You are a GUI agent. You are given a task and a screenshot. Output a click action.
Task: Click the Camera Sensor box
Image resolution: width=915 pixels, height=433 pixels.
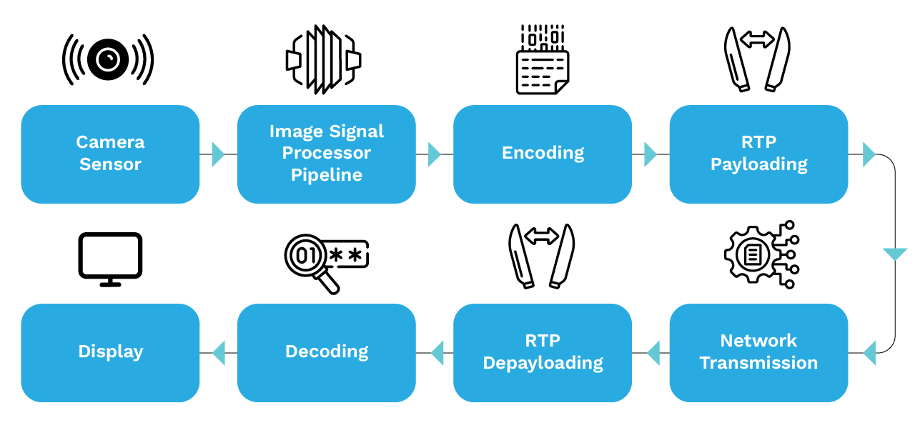[110, 154]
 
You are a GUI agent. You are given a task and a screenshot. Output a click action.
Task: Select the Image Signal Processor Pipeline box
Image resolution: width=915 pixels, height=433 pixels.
[326, 154]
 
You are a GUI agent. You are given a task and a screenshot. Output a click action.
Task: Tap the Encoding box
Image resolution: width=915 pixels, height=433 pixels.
[543, 154]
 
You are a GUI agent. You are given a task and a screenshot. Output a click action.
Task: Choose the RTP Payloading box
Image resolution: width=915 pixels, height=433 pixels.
[758, 154]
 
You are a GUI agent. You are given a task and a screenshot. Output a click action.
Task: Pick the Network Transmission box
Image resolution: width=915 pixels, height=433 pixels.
[758, 352]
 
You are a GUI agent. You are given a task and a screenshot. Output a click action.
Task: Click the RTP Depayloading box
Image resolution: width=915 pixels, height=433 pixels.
[543, 352]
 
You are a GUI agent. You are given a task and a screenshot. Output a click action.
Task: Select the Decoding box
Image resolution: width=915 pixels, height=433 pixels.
[326, 352]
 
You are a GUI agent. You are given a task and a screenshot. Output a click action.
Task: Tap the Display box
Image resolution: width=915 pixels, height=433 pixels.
[110, 352]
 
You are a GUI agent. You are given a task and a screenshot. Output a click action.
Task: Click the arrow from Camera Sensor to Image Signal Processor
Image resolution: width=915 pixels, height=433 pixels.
[218, 154]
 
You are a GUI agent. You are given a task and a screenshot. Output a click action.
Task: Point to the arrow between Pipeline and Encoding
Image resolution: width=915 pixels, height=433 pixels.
[434, 154]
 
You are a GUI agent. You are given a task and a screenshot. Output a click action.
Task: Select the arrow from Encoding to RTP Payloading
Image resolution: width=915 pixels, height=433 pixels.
[650, 154]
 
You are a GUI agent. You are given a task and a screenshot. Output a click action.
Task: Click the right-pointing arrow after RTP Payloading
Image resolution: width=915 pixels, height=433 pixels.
[869, 154]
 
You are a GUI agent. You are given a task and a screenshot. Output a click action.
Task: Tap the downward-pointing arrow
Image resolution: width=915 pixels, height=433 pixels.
[894, 254]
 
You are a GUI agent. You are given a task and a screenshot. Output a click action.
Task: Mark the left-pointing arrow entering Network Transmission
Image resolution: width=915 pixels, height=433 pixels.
[870, 353]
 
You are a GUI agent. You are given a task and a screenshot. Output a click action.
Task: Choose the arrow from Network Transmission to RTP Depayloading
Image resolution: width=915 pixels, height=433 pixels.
[653, 353]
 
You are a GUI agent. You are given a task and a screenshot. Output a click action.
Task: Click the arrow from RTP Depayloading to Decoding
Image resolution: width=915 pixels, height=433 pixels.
[437, 353]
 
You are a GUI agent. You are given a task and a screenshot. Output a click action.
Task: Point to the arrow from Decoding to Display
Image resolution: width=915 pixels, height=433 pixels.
[219, 353]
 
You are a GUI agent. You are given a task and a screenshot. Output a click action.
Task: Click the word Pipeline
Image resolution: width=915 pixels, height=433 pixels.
[326, 175]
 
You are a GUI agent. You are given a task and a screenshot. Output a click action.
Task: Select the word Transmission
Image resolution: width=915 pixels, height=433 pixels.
[758, 363]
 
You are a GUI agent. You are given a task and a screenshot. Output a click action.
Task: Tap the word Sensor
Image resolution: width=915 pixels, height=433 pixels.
[110, 164]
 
